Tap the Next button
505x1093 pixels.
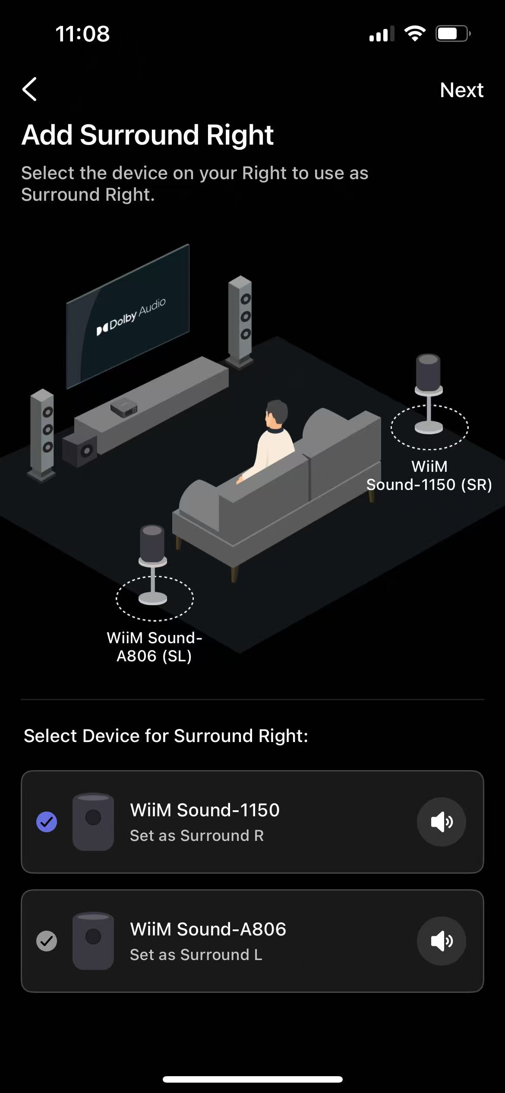tap(461, 90)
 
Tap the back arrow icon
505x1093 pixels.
tap(29, 89)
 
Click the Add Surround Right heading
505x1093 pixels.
tap(148, 135)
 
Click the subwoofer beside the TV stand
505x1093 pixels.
tap(80, 450)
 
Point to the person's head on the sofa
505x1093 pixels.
tap(276, 413)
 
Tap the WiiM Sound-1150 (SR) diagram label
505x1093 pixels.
tap(429, 476)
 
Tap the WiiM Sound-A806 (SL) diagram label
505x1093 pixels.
tap(154, 647)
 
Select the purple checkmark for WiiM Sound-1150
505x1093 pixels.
tap(47, 821)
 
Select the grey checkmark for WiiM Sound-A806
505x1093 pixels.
tap(47, 941)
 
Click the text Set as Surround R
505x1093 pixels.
tap(197, 836)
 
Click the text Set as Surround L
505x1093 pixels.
tap(196, 955)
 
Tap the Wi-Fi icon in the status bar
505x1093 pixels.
tap(414, 33)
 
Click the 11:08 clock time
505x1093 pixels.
tap(82, 34)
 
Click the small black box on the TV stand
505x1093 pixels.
tap(124, 407)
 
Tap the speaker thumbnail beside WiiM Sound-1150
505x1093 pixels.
tap(93, 821)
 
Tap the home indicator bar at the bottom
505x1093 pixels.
tap(252, 1079)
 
